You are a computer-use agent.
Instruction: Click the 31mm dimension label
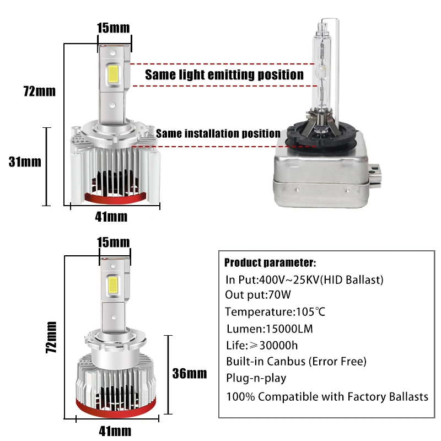click(x=25, y=162)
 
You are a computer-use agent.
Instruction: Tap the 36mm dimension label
click(x=189, y=373)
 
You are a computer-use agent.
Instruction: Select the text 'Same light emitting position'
click(x=224, y=74)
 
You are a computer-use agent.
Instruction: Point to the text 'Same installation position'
click(x=218, y=133)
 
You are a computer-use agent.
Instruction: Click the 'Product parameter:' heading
click(x=270, y=262)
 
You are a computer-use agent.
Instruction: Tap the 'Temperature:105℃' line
click(x=275, y=312)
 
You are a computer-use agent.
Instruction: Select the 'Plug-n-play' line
click(x=256, y=378)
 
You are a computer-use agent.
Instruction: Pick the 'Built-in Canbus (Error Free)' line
click(x=296, y=362)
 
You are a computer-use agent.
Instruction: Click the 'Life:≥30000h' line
click(x=262, y=345)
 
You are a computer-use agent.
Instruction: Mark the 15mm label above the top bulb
click(x=114, y=27)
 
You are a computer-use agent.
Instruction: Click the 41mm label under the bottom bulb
click(x=115, y=429)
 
